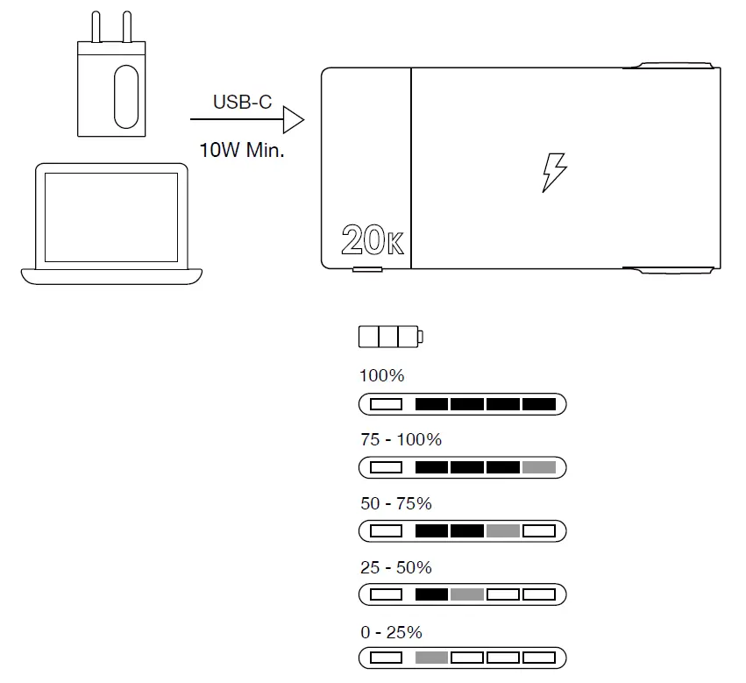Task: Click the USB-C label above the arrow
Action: coord(242,103)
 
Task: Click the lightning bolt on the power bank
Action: coord(553,173)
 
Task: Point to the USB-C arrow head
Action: coord(294,119)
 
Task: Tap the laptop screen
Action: coord(111,217)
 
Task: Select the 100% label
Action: coord(381,376)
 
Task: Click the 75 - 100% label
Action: coord(401,440)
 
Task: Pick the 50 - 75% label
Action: coord(395,504)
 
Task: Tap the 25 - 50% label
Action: coord(395,568)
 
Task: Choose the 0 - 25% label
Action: coord(391,632)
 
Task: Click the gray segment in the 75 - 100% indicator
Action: coord(539,467)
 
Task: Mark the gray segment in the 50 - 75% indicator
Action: coord(503,531)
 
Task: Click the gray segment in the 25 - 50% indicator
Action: coord(467,594)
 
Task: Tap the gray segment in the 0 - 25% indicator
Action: coord(431,658)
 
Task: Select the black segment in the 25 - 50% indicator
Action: coord(431,594)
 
